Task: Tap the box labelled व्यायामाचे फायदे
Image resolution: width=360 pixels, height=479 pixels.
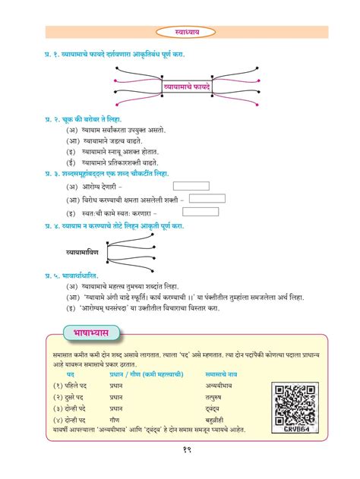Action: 181,89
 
